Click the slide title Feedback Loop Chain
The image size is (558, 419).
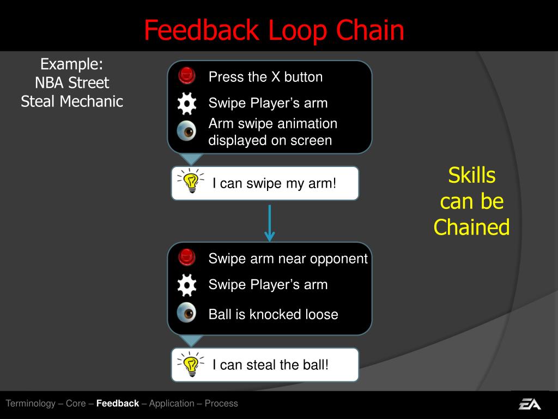click(274, 31)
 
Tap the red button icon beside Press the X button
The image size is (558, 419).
click(187, 75)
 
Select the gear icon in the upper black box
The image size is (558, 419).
click(187, 104)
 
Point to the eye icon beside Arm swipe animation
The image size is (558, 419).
click(187, 131)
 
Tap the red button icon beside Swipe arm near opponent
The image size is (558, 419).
click(187, 257)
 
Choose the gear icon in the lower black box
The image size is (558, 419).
click(187, 285)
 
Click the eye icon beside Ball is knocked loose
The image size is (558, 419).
click(187, 313)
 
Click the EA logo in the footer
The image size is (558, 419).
click(529, 404)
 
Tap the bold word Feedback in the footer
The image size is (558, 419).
click(118, 404)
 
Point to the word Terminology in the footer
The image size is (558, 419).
click(31, 404)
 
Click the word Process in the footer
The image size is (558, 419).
click(221, 404)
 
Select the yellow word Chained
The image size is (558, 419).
click(471, 228)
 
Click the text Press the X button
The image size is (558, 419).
click(265, 77)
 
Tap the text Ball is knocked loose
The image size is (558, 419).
click(273, 314)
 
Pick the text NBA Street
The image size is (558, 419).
click(72, 83)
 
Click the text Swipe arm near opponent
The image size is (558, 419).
click(288, 259)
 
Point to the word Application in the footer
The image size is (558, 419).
click(172, 404)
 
